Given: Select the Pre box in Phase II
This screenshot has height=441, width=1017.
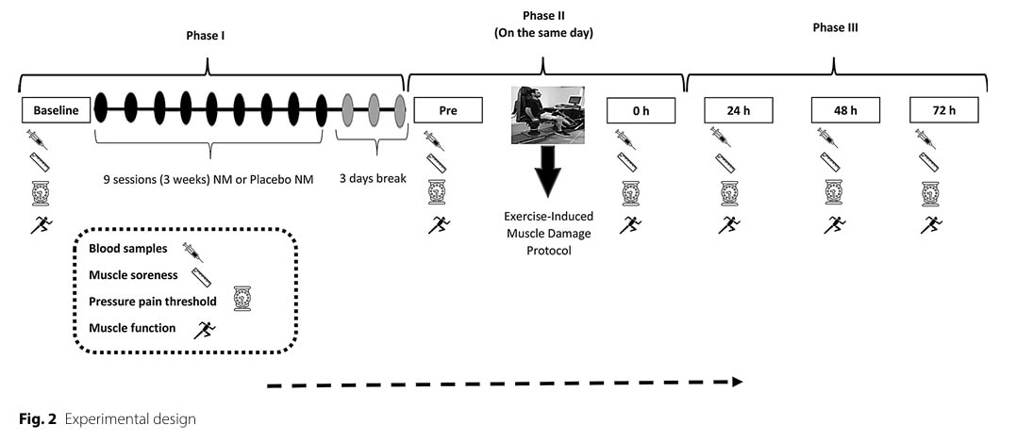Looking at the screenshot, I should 448,111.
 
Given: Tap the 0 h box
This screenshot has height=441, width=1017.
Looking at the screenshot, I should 641,111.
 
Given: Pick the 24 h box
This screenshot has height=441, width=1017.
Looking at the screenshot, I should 739,111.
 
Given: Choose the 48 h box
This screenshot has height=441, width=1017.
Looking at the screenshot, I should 845,111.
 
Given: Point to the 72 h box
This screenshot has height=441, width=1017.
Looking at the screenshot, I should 943,111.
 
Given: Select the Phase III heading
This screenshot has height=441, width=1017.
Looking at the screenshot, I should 835,28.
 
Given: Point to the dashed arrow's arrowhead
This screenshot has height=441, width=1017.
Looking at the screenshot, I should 736,382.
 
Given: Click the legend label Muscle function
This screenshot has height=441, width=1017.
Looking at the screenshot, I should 132,328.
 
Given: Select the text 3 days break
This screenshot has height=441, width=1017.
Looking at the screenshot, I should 374,177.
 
